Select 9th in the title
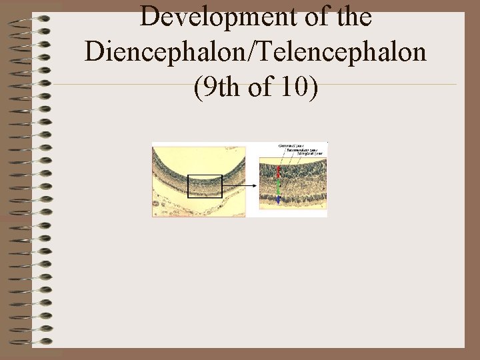coord(217,87)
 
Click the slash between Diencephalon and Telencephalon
coord(245,51)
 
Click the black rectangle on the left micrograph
coord(205,187)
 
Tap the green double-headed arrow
coord(278,189)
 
